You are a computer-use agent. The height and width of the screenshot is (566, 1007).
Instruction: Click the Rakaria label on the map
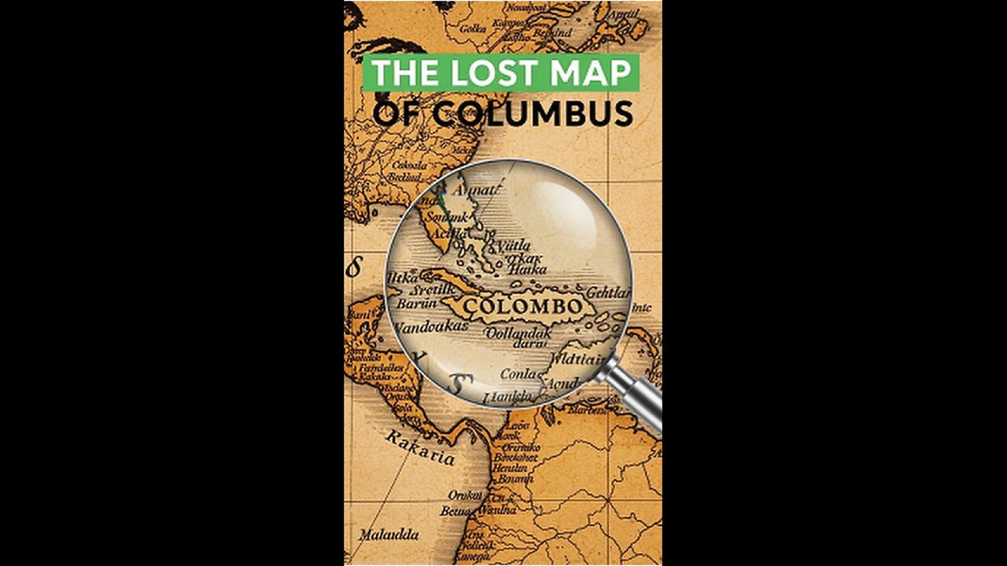tap(420, 448)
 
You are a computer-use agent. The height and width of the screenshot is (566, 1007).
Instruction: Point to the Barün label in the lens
tap(416, 304)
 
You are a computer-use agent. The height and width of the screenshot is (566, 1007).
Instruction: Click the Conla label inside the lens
tap(517, 374)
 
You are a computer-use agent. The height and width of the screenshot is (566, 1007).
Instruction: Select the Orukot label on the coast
tap(464, 495)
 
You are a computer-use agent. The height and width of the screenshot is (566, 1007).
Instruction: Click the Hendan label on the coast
tap(511, 466)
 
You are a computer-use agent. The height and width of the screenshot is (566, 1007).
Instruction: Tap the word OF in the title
tap(400, 114)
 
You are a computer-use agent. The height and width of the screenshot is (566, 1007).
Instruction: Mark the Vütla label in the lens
tap(513, 245)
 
